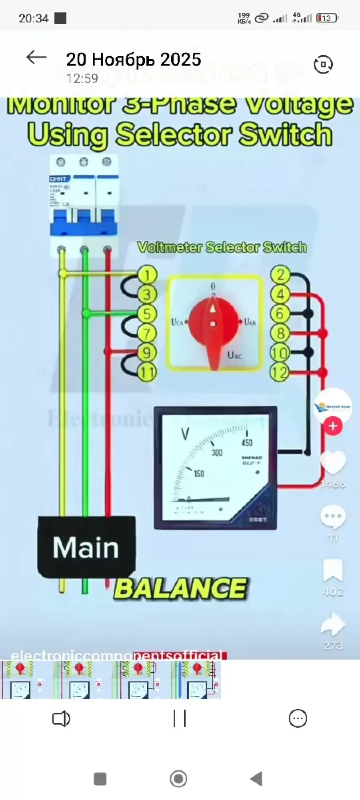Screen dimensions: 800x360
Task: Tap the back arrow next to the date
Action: tap(36, 58)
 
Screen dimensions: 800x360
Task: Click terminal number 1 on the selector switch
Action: tap(148, 275)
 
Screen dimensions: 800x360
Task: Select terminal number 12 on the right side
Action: tap(280, 372)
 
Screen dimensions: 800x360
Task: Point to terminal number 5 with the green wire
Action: tap(147, 314)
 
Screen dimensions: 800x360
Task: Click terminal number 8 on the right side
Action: tap(280, 333)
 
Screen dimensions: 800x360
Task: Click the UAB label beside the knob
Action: tap(250, 322)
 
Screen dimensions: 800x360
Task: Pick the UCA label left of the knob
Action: tap(177, 322)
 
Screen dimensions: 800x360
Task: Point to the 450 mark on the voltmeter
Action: tap(247, 442)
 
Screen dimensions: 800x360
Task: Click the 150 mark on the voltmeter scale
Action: tap(199, 474)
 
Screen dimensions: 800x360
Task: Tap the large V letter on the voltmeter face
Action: tap(185, 434)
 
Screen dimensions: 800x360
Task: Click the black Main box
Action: tap(86, 547)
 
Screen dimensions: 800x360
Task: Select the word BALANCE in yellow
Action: tap(180, 589)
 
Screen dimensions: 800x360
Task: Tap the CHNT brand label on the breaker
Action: tap(58, 179)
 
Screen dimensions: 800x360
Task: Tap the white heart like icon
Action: tap(333, 463)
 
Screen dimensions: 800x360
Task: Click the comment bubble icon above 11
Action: tap(333, 517)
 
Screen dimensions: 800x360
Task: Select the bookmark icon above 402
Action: tap(333, 570)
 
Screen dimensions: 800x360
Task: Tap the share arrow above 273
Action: tap(333, 624)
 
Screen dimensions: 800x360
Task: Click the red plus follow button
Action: tap(333, 426)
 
